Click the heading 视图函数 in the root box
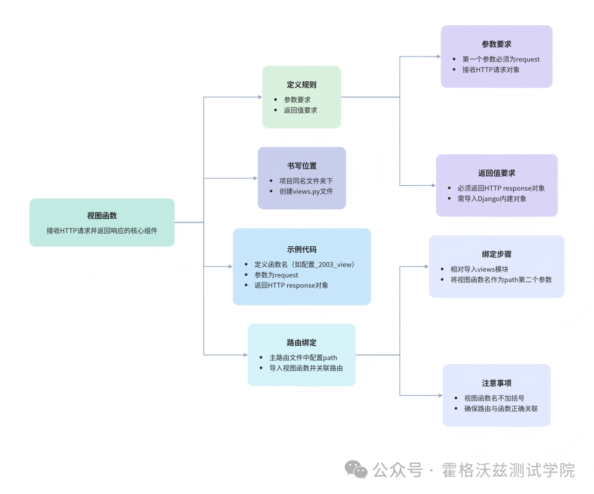click(102, 216)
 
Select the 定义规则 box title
click(301, 85)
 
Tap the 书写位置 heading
click(301, 166)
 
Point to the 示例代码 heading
click(301, 249)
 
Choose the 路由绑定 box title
click(301, 342)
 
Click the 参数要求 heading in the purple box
click(497, 44)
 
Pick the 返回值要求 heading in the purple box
click(497, 173)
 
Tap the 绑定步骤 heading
click(497, 254)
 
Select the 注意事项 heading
click(497, 383)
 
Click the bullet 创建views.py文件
click(306, 191)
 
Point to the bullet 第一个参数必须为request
click(501, 59)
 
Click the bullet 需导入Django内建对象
click(492, 198)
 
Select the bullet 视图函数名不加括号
click(494, 398)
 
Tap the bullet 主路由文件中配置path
click(303, 358)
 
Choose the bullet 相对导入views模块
click(479, 269)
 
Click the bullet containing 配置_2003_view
click(305, 264)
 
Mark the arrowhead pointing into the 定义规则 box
click(260, 97)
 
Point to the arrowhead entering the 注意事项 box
click(440, 395)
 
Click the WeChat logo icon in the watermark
click(356, 470)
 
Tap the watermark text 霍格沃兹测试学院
click(508, 470)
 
